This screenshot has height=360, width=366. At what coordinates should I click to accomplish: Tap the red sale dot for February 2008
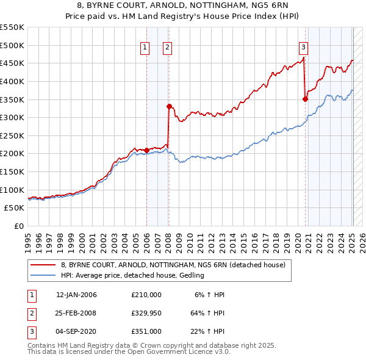click(x=169, y=106)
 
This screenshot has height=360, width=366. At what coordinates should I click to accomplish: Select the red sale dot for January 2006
click(x=146, y=149)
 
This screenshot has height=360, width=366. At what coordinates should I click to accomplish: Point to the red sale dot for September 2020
click(x=306, y=99)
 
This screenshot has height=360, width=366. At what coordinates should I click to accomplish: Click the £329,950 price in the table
click(x=146, y=313)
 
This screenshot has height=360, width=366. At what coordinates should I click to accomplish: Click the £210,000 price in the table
click(x=146, y=295)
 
